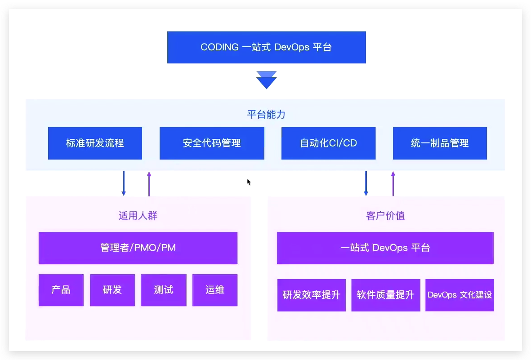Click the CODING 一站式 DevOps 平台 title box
pos(266,47)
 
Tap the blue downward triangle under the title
pos(266,80)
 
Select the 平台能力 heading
pos(266,114)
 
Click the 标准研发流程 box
pos(95,143)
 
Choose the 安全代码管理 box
pos(212,143)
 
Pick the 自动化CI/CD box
pos(328,143)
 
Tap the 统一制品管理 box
pos(440,143)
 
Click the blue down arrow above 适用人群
pos(124,183)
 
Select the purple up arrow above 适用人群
pos(149,183)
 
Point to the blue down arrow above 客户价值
pos(366,183)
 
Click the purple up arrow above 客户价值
pos(393,183)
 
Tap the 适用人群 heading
pos(138,216)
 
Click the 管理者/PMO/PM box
pos(138,248)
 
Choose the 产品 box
pos(61,290)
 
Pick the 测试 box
pos(164,290)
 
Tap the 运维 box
pos(215,290)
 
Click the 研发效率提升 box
pos(312,295)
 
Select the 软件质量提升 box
pos(385,295)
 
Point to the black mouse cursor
pos(249,182)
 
